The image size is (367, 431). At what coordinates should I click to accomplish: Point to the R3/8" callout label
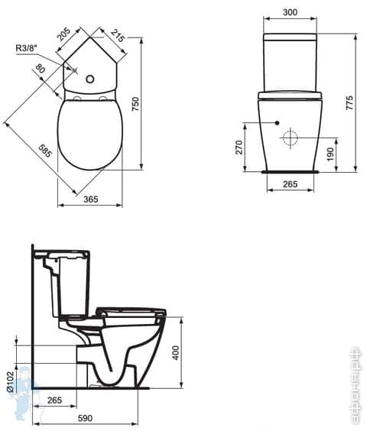pyautogui.click(x=27, y=48)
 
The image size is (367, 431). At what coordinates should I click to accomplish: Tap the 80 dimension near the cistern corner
pyautogui.click(x=39, y=70)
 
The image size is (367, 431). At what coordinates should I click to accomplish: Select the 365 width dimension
pyautogui.click(x=90, y=199)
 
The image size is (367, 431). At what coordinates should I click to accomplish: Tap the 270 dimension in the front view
pyautogui.click(x=239, y=147)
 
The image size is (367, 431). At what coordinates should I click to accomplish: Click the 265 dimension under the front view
pyautogui.click(x=289, y=183)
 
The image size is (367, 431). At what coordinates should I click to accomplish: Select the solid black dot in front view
pyautogui.click(x=276, y=122)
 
